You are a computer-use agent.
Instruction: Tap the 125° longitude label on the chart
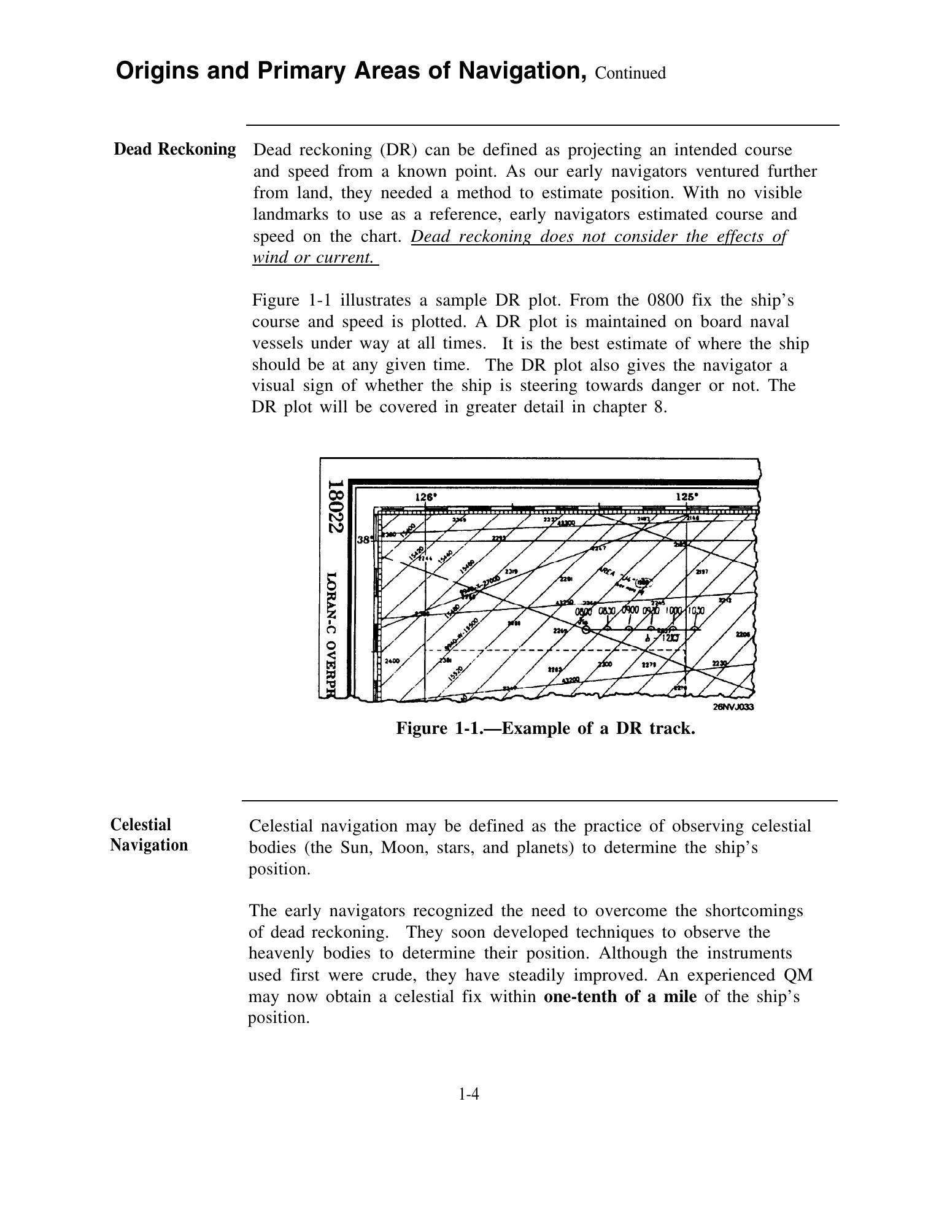pyautogui.click(x=686, y=497)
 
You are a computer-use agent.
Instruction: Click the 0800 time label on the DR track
pyautogui.click(x=584, y=611)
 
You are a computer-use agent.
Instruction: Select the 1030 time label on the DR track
pyautogui.click(x=695, y=611)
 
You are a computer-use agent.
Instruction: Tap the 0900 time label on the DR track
pyautogui.click(x=630, y=610)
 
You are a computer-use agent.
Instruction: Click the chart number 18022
pyautogui.click(x=334, y=507)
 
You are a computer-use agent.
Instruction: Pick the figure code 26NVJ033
pyautogui.click(x=733, y=706)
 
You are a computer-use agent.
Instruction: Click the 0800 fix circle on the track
pyautogui.click(x=585, y=629)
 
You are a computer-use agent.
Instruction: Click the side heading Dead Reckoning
pyautogui.click(x=175, y=149)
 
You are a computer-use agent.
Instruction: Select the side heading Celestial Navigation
pyautogui.click(x=149, y=835)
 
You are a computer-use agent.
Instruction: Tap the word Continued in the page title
pyautogui.click(x=630, y=74)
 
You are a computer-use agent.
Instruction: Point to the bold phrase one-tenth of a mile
pyautogui.click(x=620, y=996)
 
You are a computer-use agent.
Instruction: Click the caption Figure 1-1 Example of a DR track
pyautogui.click(x=545, y=728)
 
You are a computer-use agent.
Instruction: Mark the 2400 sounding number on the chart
pyautogui.click(x=392, y=661)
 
